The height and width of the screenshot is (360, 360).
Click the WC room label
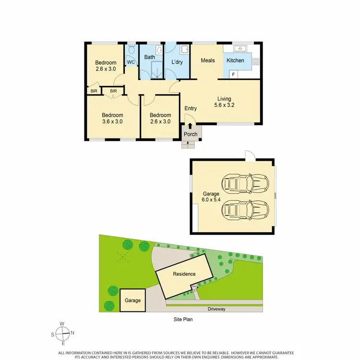(131, 62)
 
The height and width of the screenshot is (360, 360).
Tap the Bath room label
(150, 58)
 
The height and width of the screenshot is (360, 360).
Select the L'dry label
(178, 62)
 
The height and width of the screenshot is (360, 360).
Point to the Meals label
(207, 60)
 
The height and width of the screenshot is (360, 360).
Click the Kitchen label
(235, 60)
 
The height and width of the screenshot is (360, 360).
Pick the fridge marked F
(233, 74)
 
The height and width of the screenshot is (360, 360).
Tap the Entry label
(191, 108)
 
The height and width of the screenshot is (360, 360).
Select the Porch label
(191, 134)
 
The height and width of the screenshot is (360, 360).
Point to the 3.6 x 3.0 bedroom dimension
(112, 121)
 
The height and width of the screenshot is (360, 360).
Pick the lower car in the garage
(245, 209)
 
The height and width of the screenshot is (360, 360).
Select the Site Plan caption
(183, 319)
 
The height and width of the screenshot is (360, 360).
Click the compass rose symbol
(62, 333)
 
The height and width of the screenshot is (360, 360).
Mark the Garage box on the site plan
(132, 300)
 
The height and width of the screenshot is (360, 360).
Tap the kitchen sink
(240, 48)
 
